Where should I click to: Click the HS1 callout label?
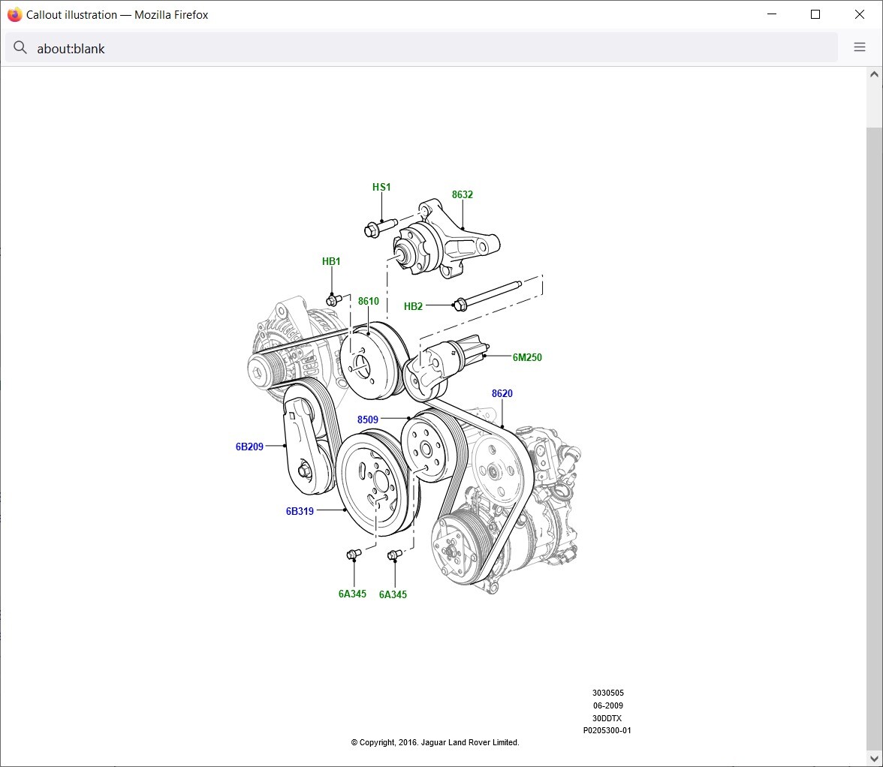click(381, 187)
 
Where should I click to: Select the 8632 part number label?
click(462, 194)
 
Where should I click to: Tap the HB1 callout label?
click(331, 261)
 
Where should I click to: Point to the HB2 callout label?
click(413, 306)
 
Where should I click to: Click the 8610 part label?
click(368, 301)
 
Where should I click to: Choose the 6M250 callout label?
click(527, 357)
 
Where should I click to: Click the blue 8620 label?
click(502, 393)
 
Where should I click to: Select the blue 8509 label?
click(368, 420)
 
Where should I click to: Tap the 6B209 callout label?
click(249, 447)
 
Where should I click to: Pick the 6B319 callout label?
click(300, 511)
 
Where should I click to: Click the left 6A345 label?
click(352, 594)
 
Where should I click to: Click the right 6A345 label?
click(393, 594)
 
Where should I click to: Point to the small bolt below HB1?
click(333, 299)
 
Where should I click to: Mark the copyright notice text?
click(435, 742)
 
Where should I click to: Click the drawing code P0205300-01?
click(607, 730)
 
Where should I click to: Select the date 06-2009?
click(607, 705)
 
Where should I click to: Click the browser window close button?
click(860, 14)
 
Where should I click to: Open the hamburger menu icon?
click(860, 47)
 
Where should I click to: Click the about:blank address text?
click(71, 48)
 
